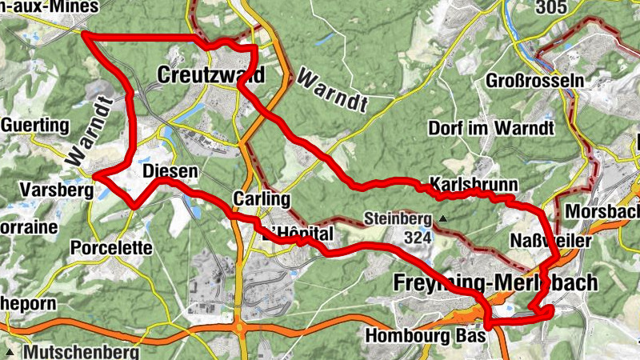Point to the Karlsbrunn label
point(474,183)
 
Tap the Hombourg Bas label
point(424,336)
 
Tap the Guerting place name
point(35,126)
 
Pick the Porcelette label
point(111,248)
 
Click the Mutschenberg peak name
point(82,351)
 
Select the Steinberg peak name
point(398,218)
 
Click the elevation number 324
point(418,238)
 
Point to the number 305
point(550,7)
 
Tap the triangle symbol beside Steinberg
point(440,218)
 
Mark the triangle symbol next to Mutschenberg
point(11,351)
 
